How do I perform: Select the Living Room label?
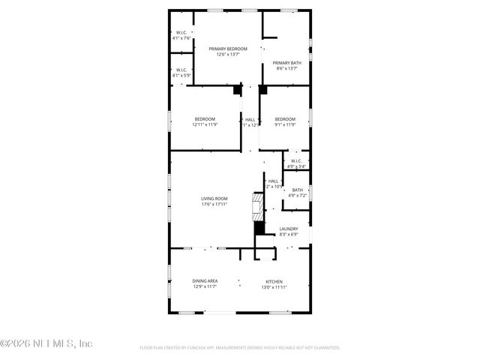click(x=214, y=198)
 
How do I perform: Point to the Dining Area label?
click(x=205, y=281)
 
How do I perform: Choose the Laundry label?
click(x=289, y=229)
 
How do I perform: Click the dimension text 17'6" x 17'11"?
click(x=214, y=204)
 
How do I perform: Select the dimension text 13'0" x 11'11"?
click(x=275, y=287)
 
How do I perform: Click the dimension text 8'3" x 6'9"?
click(x=289, y=235)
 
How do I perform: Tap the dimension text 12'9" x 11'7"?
click(x=205, y=287)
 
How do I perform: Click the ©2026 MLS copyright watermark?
click(x=46, y=343)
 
